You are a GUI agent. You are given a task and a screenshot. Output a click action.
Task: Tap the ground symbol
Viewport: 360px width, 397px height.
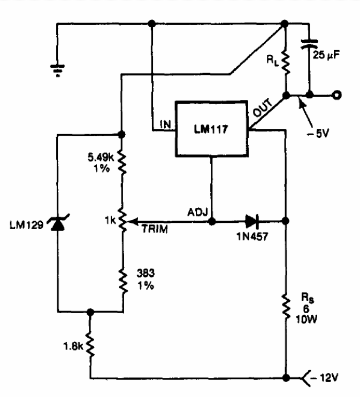coord(58,71)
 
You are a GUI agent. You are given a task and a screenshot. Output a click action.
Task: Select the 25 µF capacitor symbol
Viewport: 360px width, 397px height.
coord(309,44)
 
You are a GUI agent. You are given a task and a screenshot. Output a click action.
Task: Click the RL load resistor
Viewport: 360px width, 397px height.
coord(286,63)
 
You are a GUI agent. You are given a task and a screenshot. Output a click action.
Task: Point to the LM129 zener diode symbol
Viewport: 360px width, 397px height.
coord(58,223)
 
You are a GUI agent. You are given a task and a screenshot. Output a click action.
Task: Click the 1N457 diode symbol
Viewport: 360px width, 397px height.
coord(252,221)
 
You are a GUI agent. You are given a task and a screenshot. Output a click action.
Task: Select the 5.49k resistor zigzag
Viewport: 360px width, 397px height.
coord(122,162)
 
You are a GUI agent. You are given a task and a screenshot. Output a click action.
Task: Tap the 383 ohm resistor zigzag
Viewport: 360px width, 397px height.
coord(123,281)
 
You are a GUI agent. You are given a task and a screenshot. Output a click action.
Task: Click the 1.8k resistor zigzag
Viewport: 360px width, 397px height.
coord(90,344)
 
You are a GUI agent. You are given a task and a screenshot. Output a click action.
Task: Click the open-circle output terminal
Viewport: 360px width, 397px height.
coord(337,95)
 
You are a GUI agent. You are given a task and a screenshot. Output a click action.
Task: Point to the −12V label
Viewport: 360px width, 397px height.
coord(325,378)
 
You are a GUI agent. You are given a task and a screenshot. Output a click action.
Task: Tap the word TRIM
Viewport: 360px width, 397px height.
coord(155,229)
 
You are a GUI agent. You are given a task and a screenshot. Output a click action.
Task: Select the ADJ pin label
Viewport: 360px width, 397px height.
coord(198,212)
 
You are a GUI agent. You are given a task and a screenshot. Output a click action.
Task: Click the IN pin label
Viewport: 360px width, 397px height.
coord(165,124)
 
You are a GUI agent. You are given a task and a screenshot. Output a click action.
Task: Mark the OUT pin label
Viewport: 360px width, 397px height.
coord(263,107)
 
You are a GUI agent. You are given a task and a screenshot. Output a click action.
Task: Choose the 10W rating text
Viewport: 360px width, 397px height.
coord(307,320)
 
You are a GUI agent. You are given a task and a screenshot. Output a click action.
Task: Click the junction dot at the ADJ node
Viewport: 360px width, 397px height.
coord(212,222)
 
